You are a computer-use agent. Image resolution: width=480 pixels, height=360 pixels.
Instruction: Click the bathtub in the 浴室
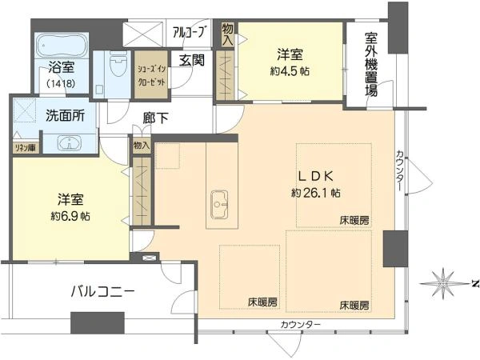(62, 46)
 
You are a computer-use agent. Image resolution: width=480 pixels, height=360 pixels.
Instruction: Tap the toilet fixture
(118, 64)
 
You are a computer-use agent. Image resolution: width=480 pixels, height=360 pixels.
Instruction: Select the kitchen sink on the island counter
(219, 205)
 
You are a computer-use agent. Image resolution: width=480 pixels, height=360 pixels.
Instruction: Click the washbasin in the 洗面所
(70, 142)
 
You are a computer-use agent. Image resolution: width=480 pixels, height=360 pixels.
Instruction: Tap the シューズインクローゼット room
(151, 74)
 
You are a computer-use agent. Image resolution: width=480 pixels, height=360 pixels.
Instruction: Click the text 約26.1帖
(316, 193)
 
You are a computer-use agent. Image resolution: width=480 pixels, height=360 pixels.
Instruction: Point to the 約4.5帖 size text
(290, 72)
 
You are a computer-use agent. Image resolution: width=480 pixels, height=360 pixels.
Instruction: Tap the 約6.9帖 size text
(70, 217)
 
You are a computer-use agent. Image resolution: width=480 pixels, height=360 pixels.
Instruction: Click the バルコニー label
(102, 292)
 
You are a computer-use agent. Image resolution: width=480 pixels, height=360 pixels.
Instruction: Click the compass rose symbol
(443, 284)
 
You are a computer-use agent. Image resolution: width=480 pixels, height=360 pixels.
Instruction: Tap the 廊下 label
(155, 118)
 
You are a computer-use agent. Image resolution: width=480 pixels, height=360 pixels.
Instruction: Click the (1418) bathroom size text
(62, 83)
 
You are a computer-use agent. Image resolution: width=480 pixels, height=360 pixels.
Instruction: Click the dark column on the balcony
(98, 323)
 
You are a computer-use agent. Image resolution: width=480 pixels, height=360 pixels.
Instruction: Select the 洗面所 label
(66, 115)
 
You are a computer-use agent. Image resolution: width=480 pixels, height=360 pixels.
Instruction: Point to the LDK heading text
(316, 176)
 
